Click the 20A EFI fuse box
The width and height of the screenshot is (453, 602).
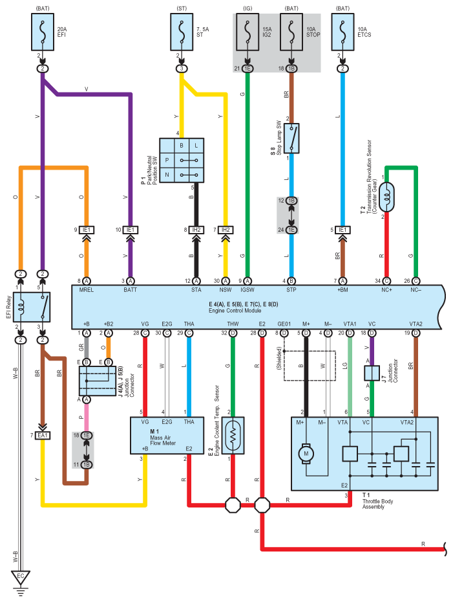43,32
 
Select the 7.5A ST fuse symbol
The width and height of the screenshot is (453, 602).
182,32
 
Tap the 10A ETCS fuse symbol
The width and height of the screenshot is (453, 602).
342,32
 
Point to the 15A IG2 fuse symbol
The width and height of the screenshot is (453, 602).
248,32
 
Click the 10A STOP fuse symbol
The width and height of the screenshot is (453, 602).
291,32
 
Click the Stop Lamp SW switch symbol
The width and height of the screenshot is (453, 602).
291,139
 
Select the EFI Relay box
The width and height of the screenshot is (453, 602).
32,307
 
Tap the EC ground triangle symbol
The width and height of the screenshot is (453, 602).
21,577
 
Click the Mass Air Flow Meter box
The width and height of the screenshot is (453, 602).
167,436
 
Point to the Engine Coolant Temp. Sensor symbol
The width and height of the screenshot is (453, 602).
233,436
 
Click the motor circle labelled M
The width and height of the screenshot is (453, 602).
306,453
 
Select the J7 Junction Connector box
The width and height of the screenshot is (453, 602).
372,373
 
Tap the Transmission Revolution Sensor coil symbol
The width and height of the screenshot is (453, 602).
386,197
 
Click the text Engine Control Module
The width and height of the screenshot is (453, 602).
235,310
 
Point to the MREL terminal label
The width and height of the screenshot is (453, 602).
86,290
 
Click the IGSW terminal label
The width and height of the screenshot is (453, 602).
248,290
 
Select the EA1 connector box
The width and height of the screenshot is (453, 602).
43,436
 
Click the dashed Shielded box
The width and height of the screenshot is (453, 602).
310,366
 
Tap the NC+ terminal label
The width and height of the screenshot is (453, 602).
386,290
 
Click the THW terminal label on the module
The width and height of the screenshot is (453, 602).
233,324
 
